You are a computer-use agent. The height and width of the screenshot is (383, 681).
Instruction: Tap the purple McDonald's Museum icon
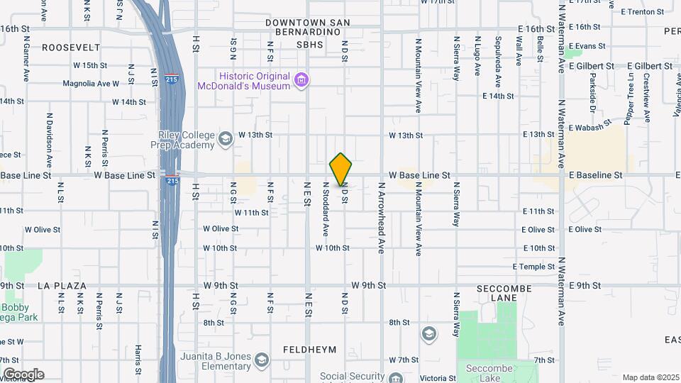point(302,79)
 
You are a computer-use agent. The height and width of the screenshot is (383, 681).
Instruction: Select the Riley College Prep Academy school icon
point(226,138)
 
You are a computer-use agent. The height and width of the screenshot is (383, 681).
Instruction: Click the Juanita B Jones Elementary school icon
point(262,360)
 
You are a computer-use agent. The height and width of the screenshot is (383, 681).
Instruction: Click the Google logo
point(23,374)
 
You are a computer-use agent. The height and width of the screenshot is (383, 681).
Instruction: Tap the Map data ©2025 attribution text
point(650,377)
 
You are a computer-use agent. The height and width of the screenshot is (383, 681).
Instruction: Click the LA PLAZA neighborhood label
point(62,286)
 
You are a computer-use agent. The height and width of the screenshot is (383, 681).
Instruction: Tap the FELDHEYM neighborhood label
point(309,350)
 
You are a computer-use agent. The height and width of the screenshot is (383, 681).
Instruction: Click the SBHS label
point(310,45)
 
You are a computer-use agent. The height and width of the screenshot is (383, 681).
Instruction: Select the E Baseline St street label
point(594,174)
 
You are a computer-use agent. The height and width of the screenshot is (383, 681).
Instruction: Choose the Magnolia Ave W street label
point(91,83)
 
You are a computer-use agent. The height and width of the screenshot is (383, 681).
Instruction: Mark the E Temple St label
point(534,267)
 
